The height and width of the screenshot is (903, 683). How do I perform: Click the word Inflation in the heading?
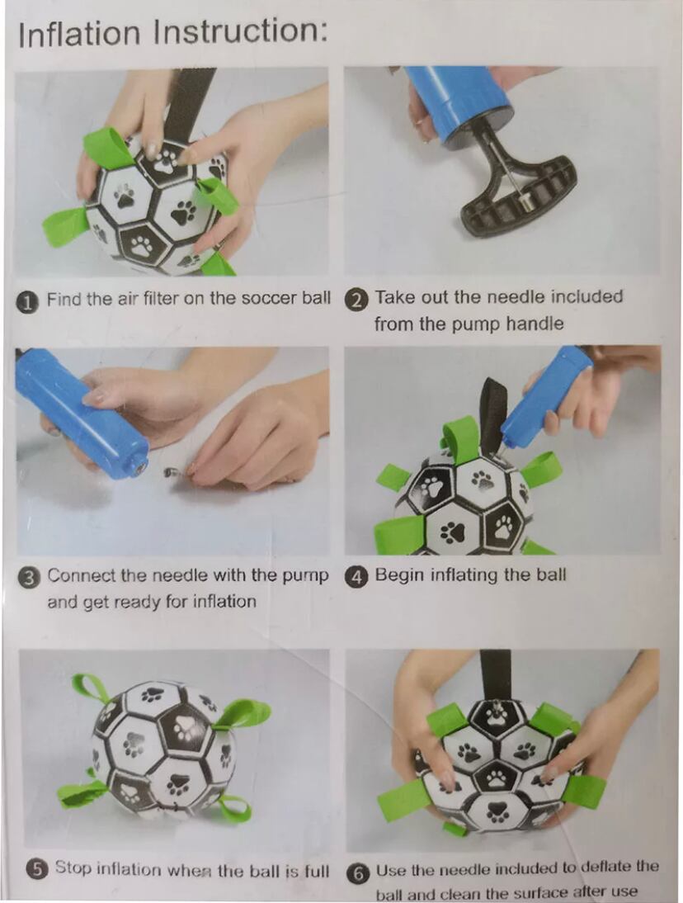pyautogui.click(x=79, y=34)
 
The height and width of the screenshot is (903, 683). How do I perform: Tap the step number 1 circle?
pyautogui.click(x=26, y=300)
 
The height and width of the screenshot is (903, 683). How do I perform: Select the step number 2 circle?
pyautogui.click(x=357, y=300)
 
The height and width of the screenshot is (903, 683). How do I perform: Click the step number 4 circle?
pyautogui.click(x=357, y=576)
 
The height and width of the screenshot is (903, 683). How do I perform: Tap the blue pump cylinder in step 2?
pyautogui.click(x=458, y=105)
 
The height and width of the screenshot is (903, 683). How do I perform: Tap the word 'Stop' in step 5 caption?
pyautogui.click(x=73, y=868)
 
